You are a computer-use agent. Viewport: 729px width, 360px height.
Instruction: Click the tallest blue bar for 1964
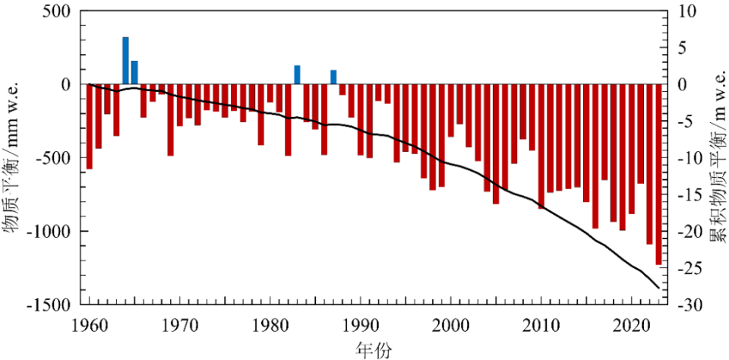pyautogui.click(x=126, y=61)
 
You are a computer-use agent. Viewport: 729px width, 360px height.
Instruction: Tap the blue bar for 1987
pyautogui.click(x=333, y=77)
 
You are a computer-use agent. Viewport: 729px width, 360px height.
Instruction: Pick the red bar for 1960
pyautogui.click(x=90, y=126)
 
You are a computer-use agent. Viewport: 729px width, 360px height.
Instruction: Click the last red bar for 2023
pyautogui.click(x=658, y=174)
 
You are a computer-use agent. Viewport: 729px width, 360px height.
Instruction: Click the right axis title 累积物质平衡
pyautogui.click(x=715, y=157)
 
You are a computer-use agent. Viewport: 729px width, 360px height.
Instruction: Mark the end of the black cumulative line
pyautogui.click(x=658, y=288)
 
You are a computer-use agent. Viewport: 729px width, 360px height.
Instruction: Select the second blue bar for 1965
pyautogui.click(x=134, y=73)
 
